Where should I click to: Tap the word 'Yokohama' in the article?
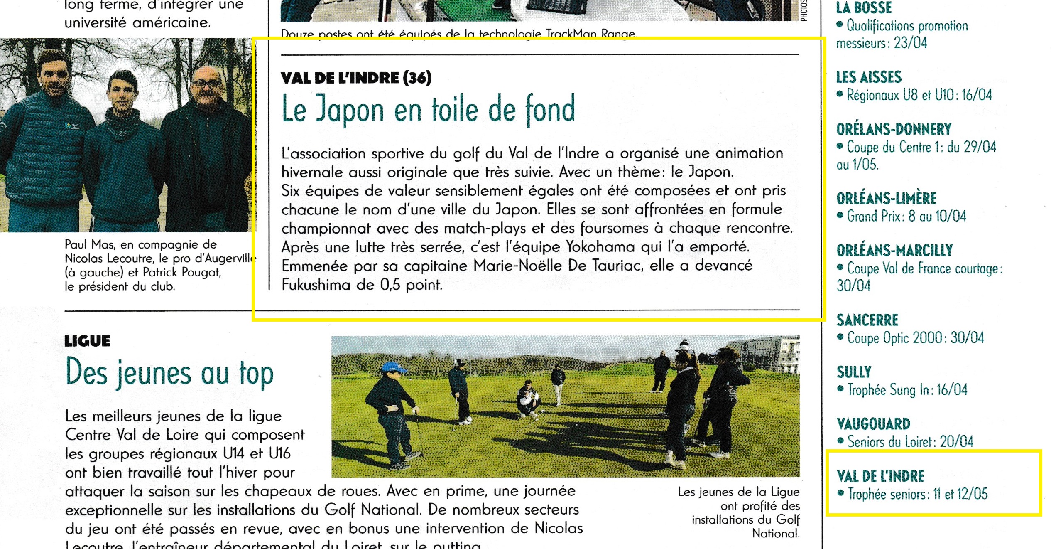click(x=600, y=247)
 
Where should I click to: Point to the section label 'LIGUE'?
click(x=87, y=341)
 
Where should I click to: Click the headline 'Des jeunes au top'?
click(x=169, y=373)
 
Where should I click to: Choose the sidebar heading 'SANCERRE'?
click(x=867, y=320)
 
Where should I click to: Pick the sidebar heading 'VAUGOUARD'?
click(x=873, y=424)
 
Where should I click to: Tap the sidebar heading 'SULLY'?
click(x=854, y=372)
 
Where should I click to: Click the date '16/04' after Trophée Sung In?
click(x=952, y=390)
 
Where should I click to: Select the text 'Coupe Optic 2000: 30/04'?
click(x=915, y=338)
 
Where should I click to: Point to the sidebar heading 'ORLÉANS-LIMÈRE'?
click(x=887, y=199)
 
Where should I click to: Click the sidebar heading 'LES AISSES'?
click(x=869, y=77)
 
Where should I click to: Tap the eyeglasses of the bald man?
click(x=206, y=84)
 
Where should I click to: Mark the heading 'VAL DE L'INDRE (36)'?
click(x=356, y=78)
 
